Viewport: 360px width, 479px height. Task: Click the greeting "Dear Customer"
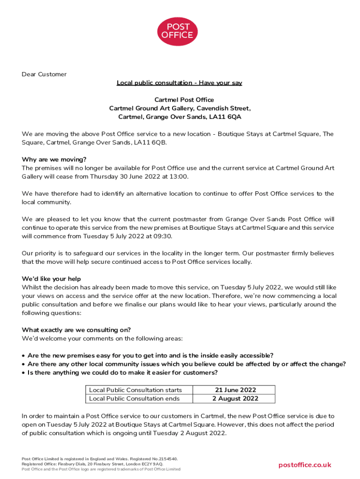coord(44,74)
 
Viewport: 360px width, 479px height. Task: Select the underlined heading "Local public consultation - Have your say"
coord(180,83)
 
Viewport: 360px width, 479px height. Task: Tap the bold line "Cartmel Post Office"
coord(180,100)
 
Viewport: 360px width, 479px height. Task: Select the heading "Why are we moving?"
coord(54,159)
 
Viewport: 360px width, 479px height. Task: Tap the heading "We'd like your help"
coord(51,279)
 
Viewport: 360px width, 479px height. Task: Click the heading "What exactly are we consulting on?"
coord(76,330)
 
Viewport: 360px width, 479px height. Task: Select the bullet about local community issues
coord(187,364)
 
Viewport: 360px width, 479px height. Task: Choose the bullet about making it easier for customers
coord(122,372)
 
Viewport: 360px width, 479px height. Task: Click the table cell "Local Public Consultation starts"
coord(135,390)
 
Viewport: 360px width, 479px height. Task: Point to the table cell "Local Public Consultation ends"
coord(134,399)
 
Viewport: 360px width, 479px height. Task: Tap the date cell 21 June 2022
coord(235,390)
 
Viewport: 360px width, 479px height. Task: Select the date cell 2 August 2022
coord(235,399)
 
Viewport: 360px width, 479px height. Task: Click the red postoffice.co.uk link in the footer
coord(305,464)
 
